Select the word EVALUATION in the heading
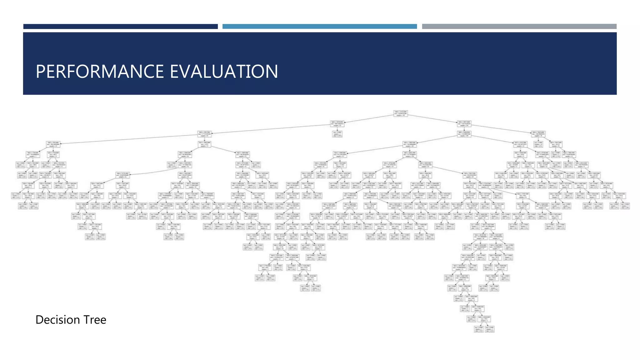[224, 72]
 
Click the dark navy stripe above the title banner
[120, 27]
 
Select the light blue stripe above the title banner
[319, 27]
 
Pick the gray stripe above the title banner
[519, 27]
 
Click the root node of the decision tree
[400, 113]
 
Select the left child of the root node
[337, 124]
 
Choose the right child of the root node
[464, 124]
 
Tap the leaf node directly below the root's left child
[337, 134]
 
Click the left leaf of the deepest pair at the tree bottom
[478, 329]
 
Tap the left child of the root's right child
[464, 134]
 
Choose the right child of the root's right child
[538, 134]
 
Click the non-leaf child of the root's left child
[205, 134]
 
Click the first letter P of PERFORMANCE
[40, 72]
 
